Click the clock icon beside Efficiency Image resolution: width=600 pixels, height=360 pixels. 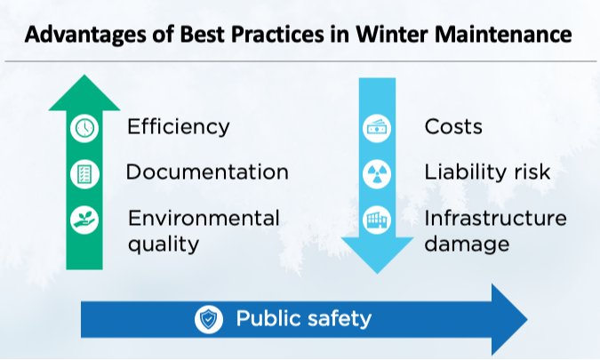click(x=84, y=127)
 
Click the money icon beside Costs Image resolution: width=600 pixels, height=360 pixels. click(x=377, y=127)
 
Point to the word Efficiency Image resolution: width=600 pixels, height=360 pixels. click(x=178, y=126)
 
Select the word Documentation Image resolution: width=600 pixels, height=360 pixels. click(x=207, y=172)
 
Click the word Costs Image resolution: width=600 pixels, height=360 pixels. click(x=453, y=126)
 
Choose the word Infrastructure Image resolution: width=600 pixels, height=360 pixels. click(x=495, y=218)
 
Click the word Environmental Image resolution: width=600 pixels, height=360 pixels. click(x=204, y=218)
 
